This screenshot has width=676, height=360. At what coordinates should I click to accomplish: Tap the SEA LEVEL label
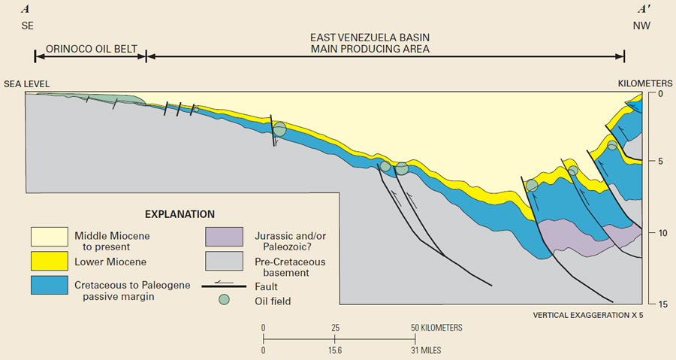coord(28,83)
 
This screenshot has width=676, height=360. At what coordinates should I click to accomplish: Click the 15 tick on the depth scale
coord(651,304)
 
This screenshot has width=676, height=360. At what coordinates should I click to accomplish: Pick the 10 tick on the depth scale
coord(651,234)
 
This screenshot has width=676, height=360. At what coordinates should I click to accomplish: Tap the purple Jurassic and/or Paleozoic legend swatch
coord(224,237)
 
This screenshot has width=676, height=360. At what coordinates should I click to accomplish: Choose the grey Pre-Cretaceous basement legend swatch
coord(224,261)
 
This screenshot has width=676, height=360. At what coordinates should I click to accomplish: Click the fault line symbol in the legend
coord(224,285)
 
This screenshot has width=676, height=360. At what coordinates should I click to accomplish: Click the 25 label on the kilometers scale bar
coord(336,328)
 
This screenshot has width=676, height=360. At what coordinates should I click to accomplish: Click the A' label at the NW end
coord(644,10)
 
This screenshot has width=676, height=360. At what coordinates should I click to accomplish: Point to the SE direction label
coord(26,26)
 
